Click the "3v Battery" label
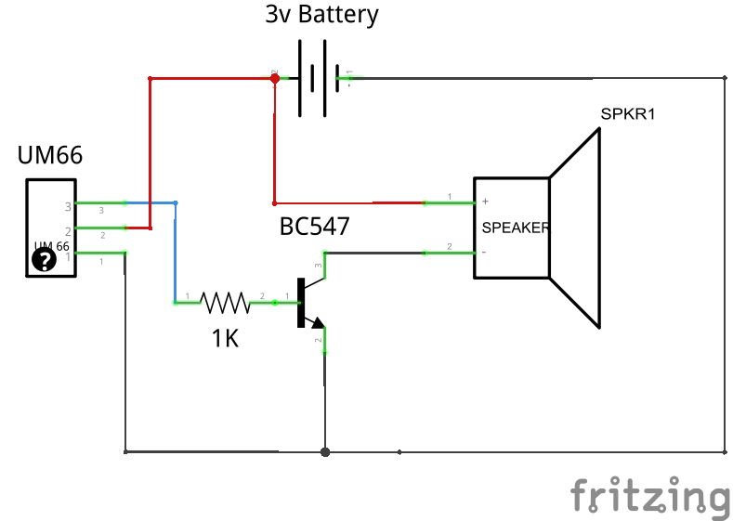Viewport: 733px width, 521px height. pos(322,16)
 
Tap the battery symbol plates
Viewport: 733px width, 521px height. pos(313,78)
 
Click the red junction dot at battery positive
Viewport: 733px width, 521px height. pos(275,78)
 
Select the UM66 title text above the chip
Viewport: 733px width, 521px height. pos(50,155)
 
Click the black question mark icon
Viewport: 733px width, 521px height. pos(45,260)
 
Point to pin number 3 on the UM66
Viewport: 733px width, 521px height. pos(68,206)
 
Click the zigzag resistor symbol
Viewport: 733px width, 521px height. pos(225,302)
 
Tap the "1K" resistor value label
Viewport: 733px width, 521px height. pos(225,339)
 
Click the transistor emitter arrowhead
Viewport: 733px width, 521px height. pos(318,323)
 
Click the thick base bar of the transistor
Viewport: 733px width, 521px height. pos(301,302)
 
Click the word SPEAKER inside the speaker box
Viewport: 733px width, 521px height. pos(515,228)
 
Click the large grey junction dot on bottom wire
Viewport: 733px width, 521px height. pos(324,452)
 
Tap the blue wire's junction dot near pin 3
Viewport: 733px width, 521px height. pos(176,202)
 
